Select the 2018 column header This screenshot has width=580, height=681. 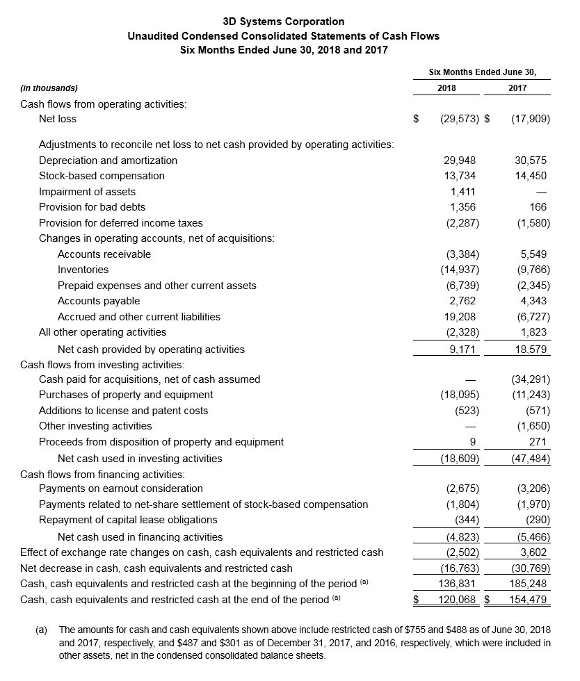tap(446, 88)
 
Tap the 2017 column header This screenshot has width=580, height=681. tap(517, 88)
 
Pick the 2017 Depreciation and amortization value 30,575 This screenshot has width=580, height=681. tap(531, 161)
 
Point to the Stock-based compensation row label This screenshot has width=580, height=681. tap(102, 176)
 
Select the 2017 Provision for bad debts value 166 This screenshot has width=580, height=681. tap(538, 207)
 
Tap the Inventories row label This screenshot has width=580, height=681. tap(83, 270)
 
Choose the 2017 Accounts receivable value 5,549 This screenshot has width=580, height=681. tap(533, 254)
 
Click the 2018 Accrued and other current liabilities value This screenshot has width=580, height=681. tap(461, 317)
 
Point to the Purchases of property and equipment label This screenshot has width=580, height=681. tap(126, 395)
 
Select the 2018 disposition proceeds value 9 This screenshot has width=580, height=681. tap(472, 442)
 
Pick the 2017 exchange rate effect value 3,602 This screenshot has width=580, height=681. tap(533, 552)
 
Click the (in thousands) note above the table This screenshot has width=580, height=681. tap(49, 88)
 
